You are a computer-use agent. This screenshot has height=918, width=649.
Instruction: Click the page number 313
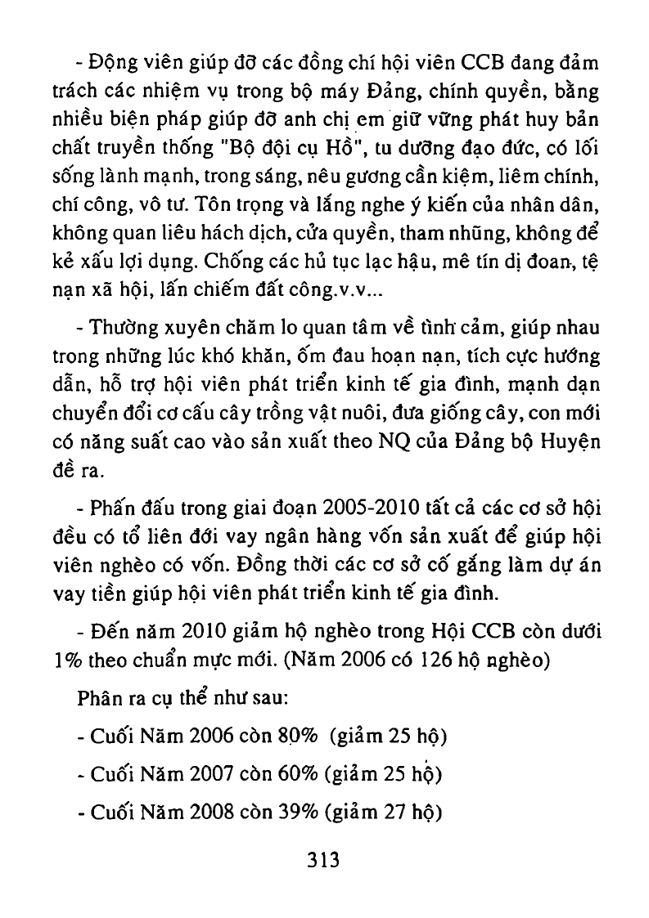coord(323,860)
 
